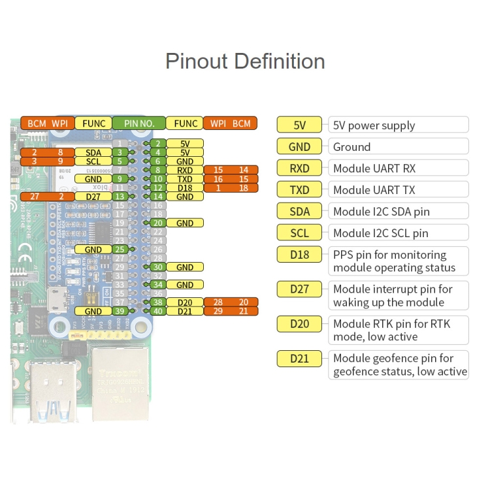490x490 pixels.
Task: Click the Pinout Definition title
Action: [x=245, y=61]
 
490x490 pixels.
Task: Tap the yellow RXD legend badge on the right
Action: [x=300, y=169]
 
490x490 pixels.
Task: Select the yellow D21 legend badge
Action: [x=300, y=358]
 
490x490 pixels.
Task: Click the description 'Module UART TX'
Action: [x=374, y=190]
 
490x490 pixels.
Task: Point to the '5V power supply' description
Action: [x=374, y=125]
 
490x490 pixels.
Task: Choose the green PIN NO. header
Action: [x=139, y=123]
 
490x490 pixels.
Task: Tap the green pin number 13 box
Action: [x=119, y=196]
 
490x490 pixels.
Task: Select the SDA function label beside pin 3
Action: [x=93, y=152]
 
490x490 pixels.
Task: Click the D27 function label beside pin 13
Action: [x=93, y=196]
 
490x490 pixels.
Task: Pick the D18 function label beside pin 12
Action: [x=185, y=188]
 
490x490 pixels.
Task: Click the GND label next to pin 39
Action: [x=93, y=312]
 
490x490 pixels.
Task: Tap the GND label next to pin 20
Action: [x=185, y=223]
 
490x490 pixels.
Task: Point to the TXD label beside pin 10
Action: [x=185, y=178]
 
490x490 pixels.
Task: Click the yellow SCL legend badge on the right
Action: [x=300, y=233]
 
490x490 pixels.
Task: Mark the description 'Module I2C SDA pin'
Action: [x=381, y=212]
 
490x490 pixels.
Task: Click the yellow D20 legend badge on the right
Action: [x=300, y=324]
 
